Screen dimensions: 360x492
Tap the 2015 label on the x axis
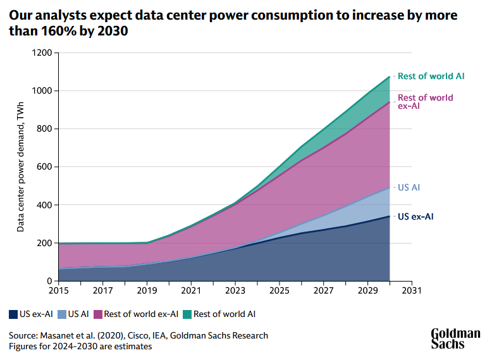tap(58, 290)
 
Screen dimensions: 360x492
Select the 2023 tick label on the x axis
tap(235, 290)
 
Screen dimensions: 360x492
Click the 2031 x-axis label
tap(412, 290)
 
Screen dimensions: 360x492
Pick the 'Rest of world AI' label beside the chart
tap(431, 76)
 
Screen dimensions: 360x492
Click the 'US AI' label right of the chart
tap(409, 188)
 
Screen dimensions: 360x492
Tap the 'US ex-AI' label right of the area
tap(416, 216)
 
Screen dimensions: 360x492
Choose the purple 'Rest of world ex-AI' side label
tap(425, 102)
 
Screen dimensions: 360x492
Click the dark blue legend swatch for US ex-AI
tap(13, 314)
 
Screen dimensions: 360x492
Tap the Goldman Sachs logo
tap(455, 338)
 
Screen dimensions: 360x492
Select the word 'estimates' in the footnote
tap(132, 347)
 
